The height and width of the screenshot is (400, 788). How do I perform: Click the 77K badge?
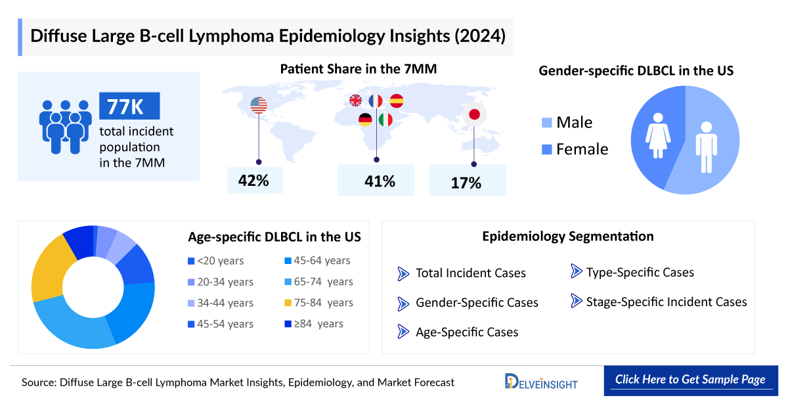tap(129, 106)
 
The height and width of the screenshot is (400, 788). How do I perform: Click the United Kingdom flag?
tap(355, 100)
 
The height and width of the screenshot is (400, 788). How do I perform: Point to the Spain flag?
tap(396, 100)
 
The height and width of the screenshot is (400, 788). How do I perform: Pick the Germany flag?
tap(366, 120)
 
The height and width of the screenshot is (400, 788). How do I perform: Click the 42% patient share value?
tap(254, 180)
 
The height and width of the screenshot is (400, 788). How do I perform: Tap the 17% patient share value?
tap(466, 182)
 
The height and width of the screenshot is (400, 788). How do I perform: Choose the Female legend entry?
tap(575, 149)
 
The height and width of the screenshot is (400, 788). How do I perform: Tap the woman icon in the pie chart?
tap(657, 135)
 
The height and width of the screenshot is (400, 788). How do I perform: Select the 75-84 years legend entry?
tap(319, 303)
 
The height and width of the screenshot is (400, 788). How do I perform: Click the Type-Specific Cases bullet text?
tap(640, 272)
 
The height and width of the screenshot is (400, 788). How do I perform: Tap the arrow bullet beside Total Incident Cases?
tap(403, 273)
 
